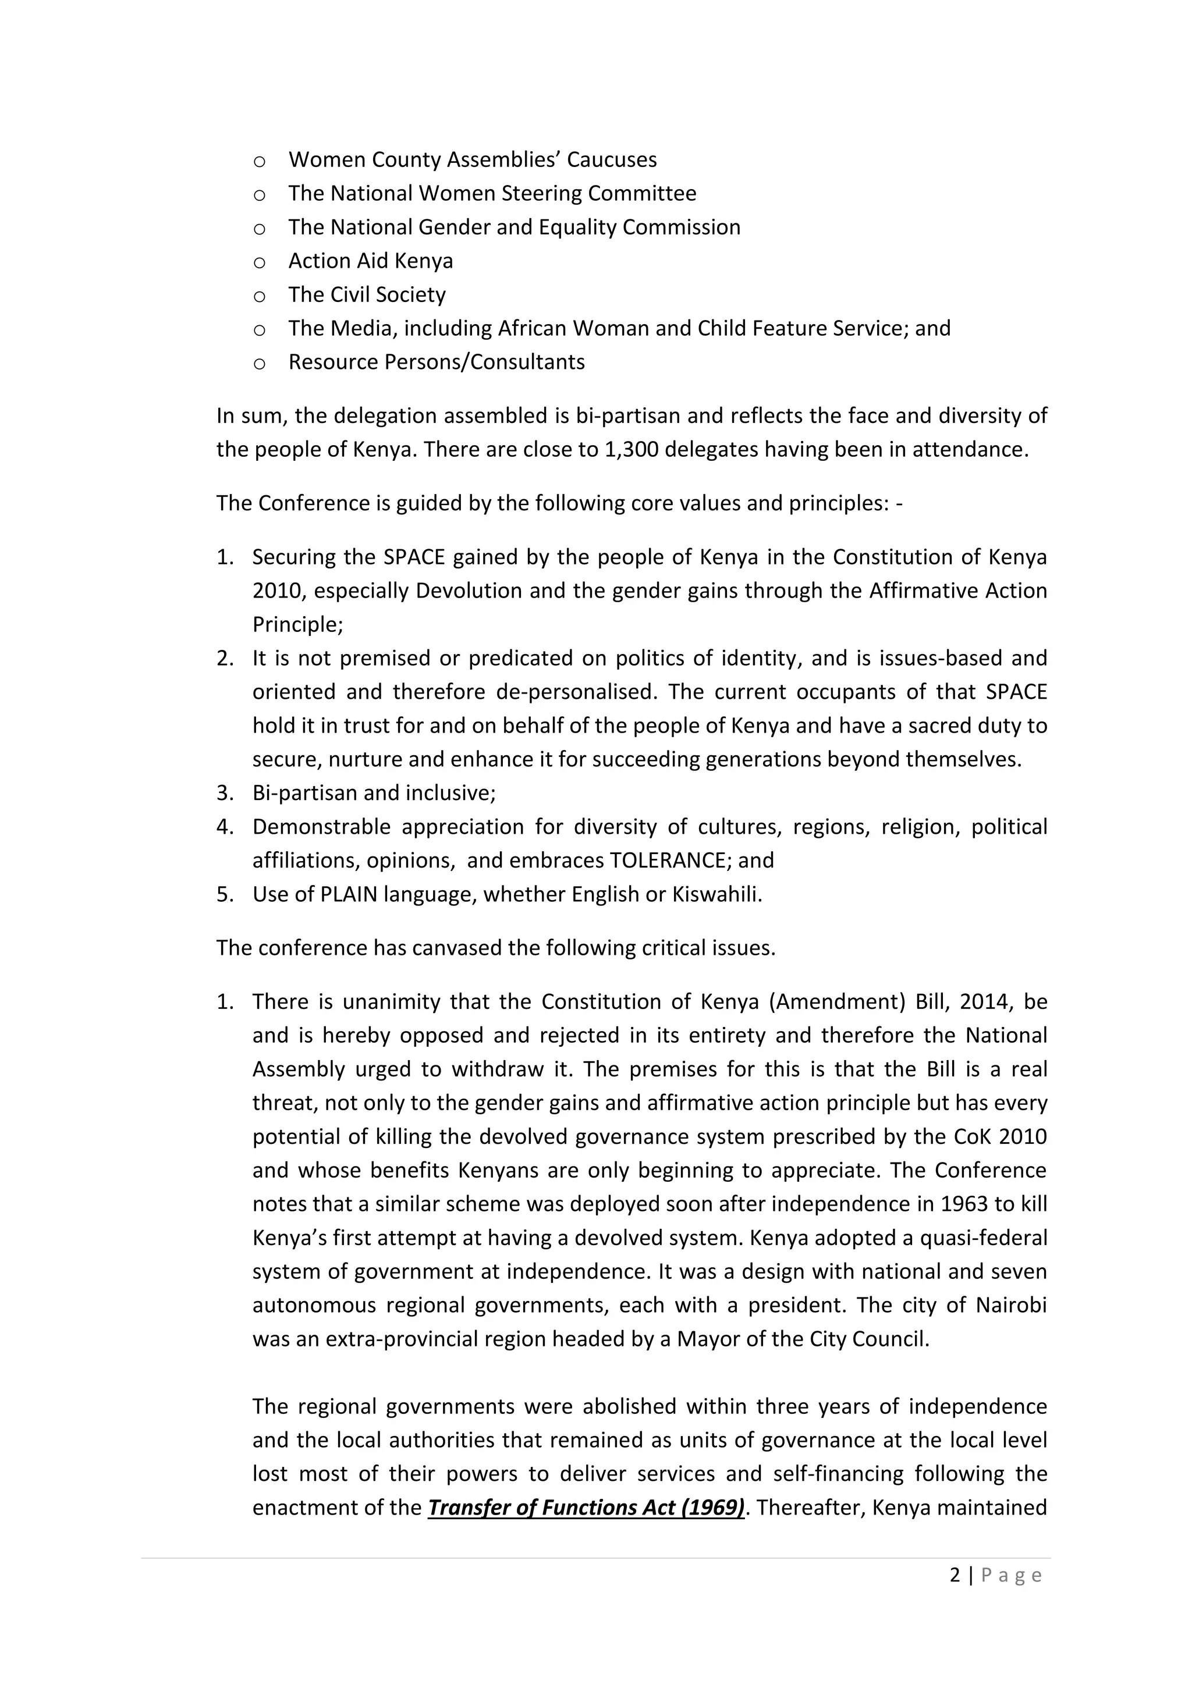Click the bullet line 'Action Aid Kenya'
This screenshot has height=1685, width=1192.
pos(370,261)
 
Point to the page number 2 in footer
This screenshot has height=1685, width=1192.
pos(954,1575)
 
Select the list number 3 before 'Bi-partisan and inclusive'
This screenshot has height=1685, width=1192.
pos(224,792)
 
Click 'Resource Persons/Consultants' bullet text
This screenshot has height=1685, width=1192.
pos(436,362)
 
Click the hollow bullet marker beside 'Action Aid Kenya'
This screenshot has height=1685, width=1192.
pos(259,262)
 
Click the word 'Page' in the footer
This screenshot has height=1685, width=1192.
pos(1011,1575)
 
